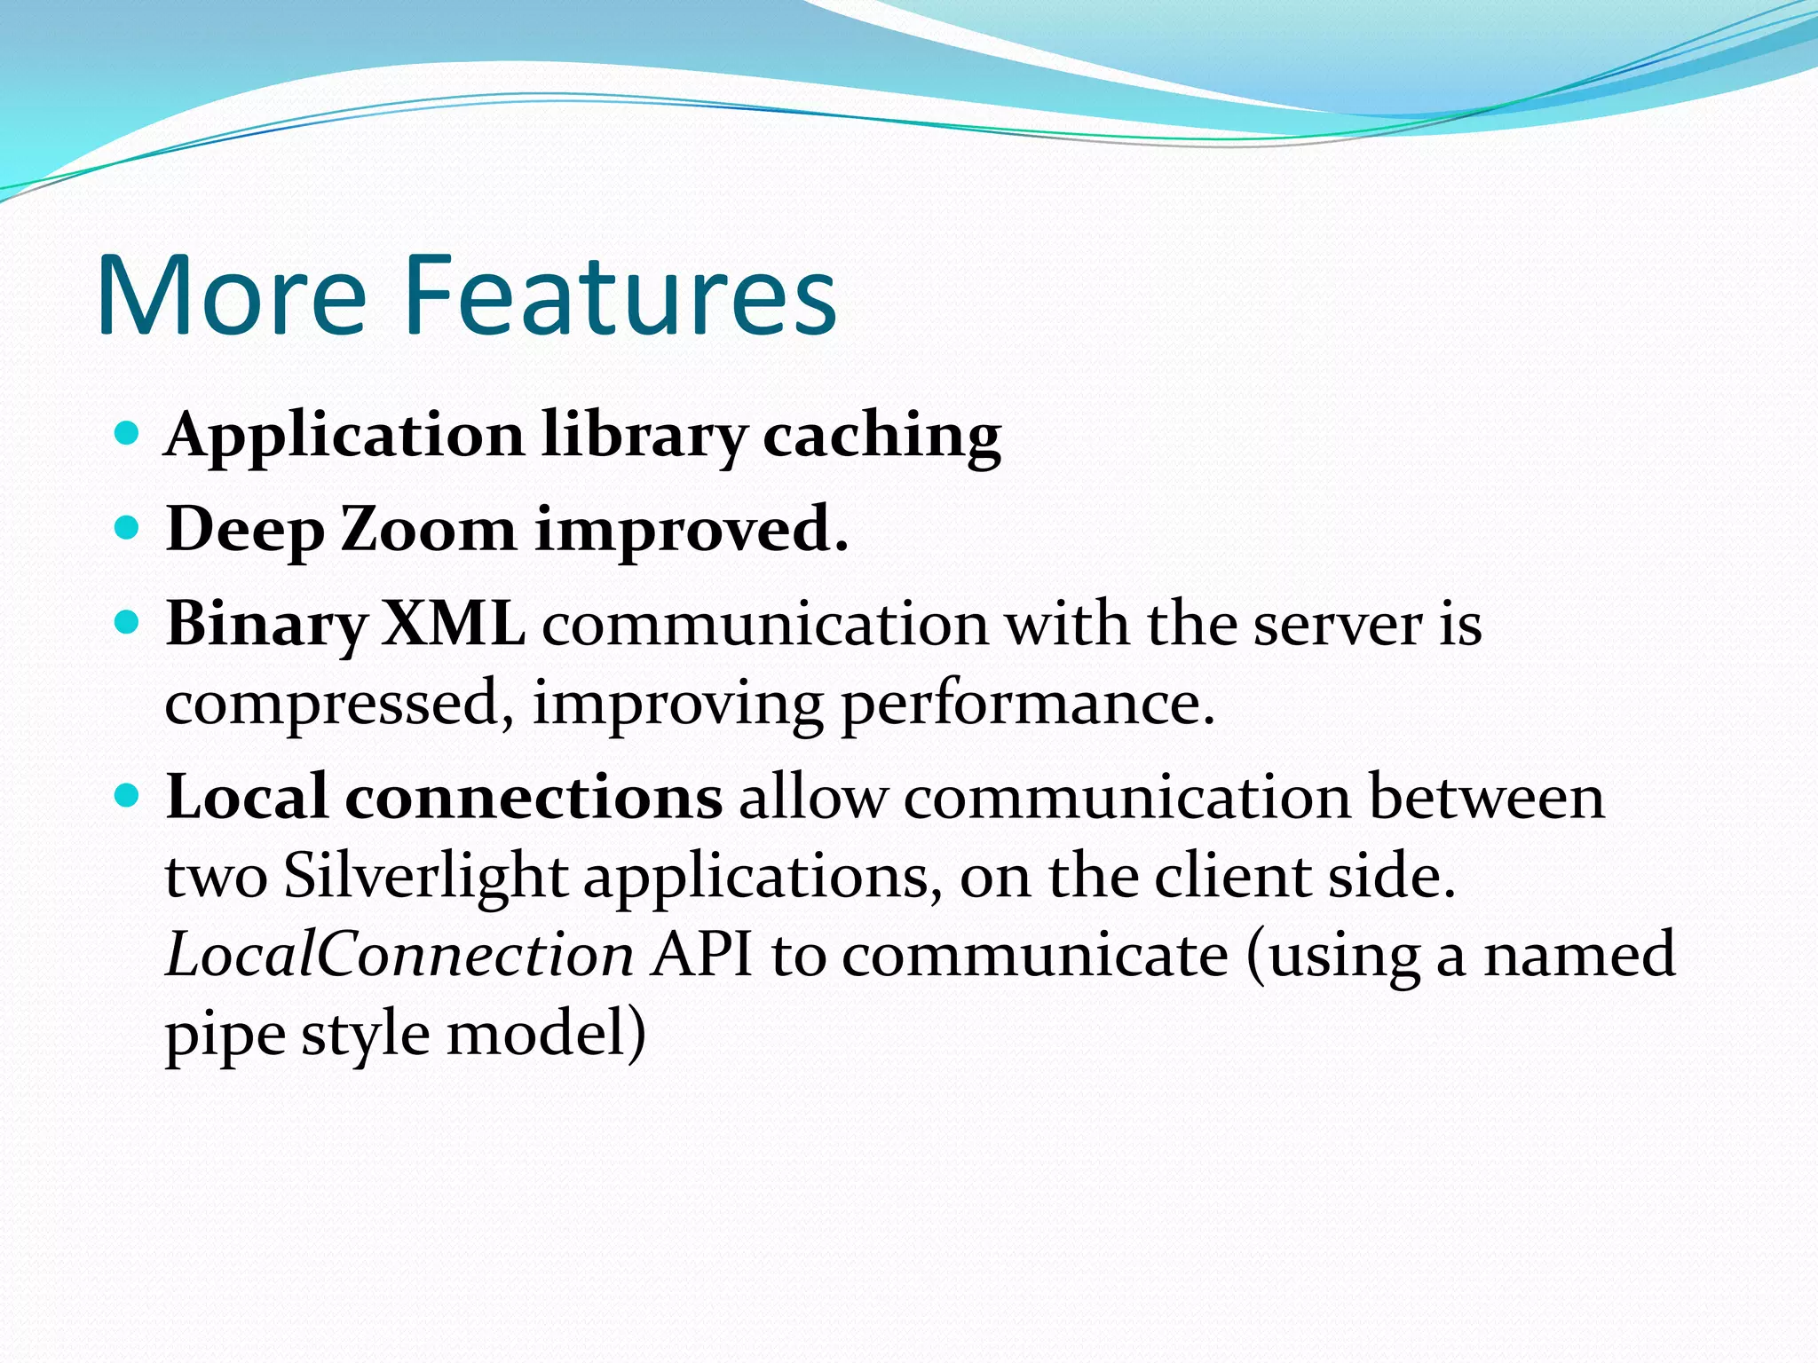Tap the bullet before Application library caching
click(128, 434)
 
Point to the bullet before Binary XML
click(128, 623)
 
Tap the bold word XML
click(453, 623)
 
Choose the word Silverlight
click(425, 877)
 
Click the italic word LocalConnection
click(399, 955)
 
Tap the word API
click(701, 955)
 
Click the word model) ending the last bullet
click(545, 1035)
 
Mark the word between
click(1487, 797)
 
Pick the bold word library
click(644, 437)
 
